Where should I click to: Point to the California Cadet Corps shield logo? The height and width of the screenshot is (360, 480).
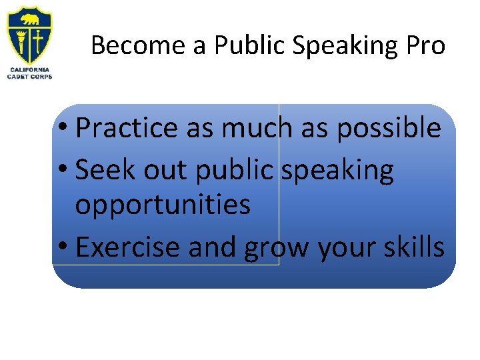[x=29, y=36]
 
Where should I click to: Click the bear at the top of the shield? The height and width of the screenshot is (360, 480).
[x=29, y=19]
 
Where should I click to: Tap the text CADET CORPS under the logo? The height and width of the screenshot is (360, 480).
[x=29, y=77]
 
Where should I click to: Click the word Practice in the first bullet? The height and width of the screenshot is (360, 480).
[x=127, y=128]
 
